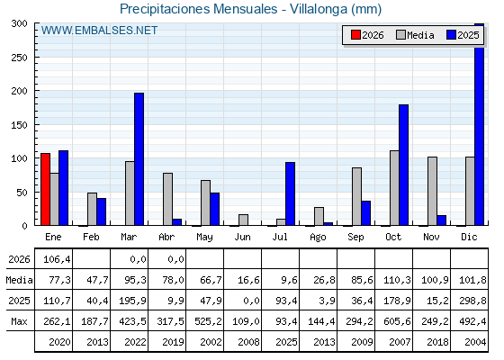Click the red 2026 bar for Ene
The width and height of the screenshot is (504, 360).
[x=45, y=189]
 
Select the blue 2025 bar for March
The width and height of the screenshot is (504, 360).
[x=139, y=159]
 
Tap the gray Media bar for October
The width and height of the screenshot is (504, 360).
[x=394, y=188]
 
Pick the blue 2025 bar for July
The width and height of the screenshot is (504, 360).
[x=290, y=193]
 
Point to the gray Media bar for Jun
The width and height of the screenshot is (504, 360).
[x=243, y=220]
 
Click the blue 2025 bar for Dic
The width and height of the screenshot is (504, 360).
[x=479, y=124]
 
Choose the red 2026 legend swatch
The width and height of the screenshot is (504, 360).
[x=355, y=35]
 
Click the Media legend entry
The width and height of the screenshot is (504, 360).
[x=415, y=35]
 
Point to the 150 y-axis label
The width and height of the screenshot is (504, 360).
[x=19, y=125]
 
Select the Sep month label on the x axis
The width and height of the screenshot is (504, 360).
[x=355, y=238]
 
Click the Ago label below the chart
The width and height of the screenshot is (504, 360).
[x=318, y=238]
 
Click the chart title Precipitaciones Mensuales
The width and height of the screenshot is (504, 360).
[x=198, y=9]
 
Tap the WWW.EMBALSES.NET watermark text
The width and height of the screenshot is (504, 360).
[x=99, y=31]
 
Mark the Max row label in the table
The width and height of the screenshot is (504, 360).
[x=19, y=321]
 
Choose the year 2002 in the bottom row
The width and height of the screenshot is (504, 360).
[x=211, y=342]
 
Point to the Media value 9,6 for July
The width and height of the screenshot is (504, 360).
[x=289, y=280]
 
